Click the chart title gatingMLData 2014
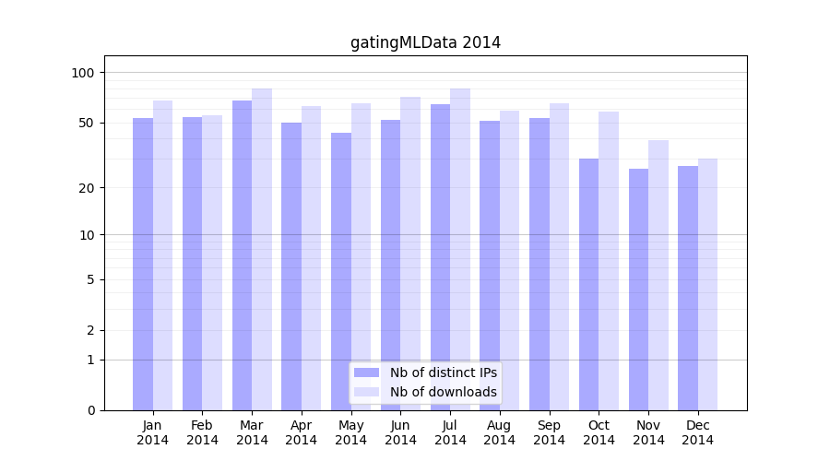425,42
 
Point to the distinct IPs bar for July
440,257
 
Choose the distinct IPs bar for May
341,271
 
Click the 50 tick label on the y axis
87,123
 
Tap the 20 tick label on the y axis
87,188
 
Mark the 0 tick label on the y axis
90,410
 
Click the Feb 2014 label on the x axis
202,433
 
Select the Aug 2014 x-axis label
499,433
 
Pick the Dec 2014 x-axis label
697,433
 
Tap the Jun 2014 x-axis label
400,433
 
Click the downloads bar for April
312,258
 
